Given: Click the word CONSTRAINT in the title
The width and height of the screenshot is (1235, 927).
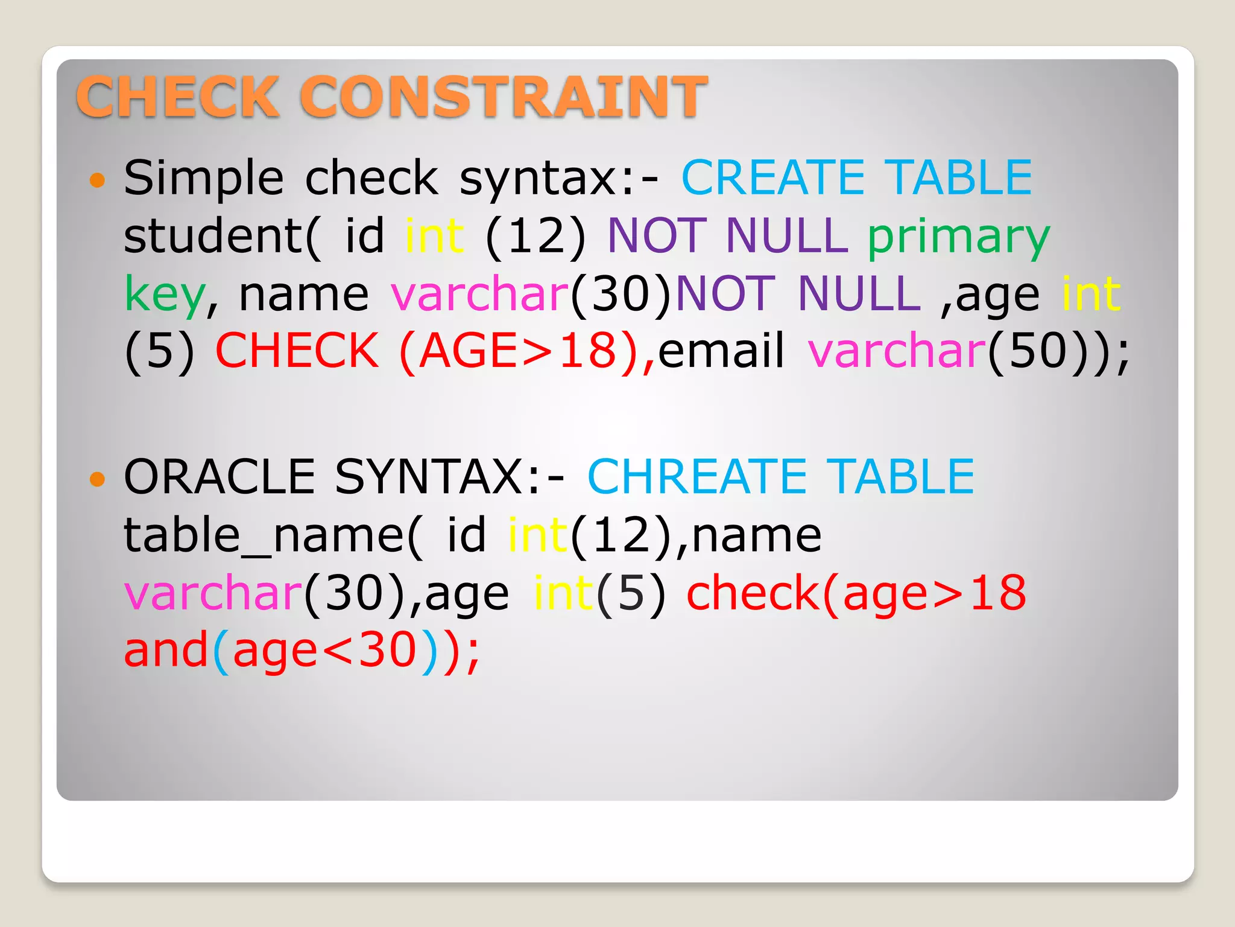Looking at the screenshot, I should [503, 97].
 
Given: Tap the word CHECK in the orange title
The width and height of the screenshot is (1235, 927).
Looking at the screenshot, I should [177, 97].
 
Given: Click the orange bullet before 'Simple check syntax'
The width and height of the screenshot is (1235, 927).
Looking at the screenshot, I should [97, 180].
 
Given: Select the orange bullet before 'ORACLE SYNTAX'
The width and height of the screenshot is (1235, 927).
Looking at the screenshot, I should [97, 479].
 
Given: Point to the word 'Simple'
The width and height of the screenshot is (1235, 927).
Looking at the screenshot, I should [203, 179].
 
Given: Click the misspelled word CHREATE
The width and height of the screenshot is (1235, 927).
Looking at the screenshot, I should [696, 477].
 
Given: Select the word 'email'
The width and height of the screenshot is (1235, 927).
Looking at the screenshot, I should [721, 351].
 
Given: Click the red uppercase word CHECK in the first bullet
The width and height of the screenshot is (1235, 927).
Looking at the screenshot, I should [297, 351].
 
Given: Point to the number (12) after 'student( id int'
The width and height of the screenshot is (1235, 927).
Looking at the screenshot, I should [535, 236].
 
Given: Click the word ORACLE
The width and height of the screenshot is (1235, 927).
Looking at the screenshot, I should [220, 477].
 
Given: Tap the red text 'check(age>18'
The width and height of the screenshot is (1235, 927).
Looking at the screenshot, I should [856, 593].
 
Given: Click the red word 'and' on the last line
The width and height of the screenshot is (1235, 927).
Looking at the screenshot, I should [166, 651].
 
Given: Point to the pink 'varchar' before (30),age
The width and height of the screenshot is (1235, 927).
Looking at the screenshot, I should [213, 593].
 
